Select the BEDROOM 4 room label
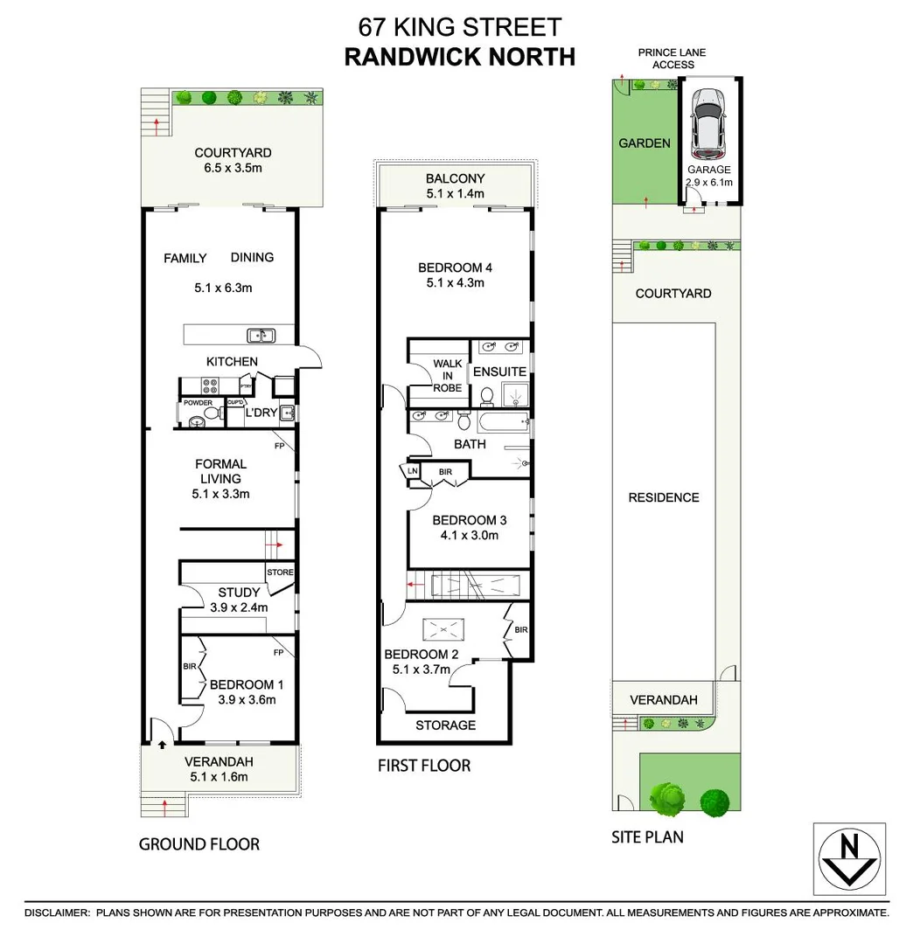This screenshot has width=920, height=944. pos(455,267)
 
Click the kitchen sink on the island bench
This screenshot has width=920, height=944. pos(261,335)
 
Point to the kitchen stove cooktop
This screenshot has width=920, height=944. pos(211,385)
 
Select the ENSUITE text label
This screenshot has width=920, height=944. pos(499,371)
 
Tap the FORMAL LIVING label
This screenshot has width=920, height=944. pos(220,471)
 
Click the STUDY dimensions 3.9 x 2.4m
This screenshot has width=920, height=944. pos(239,607)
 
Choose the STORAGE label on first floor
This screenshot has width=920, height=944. pos(445,725)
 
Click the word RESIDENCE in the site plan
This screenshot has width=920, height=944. pos(664,497)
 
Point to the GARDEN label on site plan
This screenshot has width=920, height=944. pos(645,143)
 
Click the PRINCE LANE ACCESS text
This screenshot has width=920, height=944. pos(672,59)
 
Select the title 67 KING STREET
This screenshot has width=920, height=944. pos(459,27)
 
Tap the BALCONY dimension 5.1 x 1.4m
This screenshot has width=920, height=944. pos(455,194)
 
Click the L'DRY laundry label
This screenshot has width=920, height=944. pos(261,412)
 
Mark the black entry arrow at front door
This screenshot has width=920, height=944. pos(163,746)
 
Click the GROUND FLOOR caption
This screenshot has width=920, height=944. pos(199,843)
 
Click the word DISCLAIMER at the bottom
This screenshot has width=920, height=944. pos(57,913)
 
